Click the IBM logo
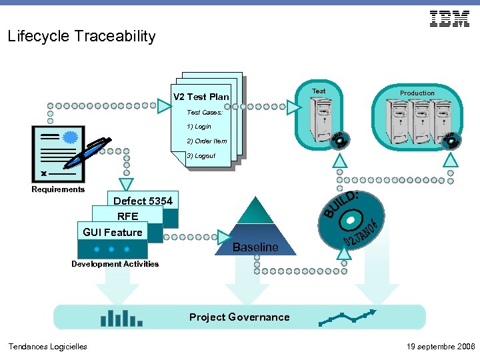(x=449, y=19)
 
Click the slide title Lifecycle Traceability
(x=81, y=37)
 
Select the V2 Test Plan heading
(x=201, y=97)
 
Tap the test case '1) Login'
(x=199, y=126)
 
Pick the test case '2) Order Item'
(x=207, y=141)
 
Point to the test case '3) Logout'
(x=201, y=155)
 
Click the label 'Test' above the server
(x=319, y=91)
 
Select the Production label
(x=417, y=93)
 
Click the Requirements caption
(x=58, y=189)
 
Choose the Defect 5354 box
(x=143, y=201)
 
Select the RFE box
(x=127, y=216)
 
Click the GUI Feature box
(x=112, y=232)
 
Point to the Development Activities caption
(x=115, y=264)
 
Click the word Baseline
(x=255, y=247)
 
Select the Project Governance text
(x=239, y=317)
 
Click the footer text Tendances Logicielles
(x=47, y=347)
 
